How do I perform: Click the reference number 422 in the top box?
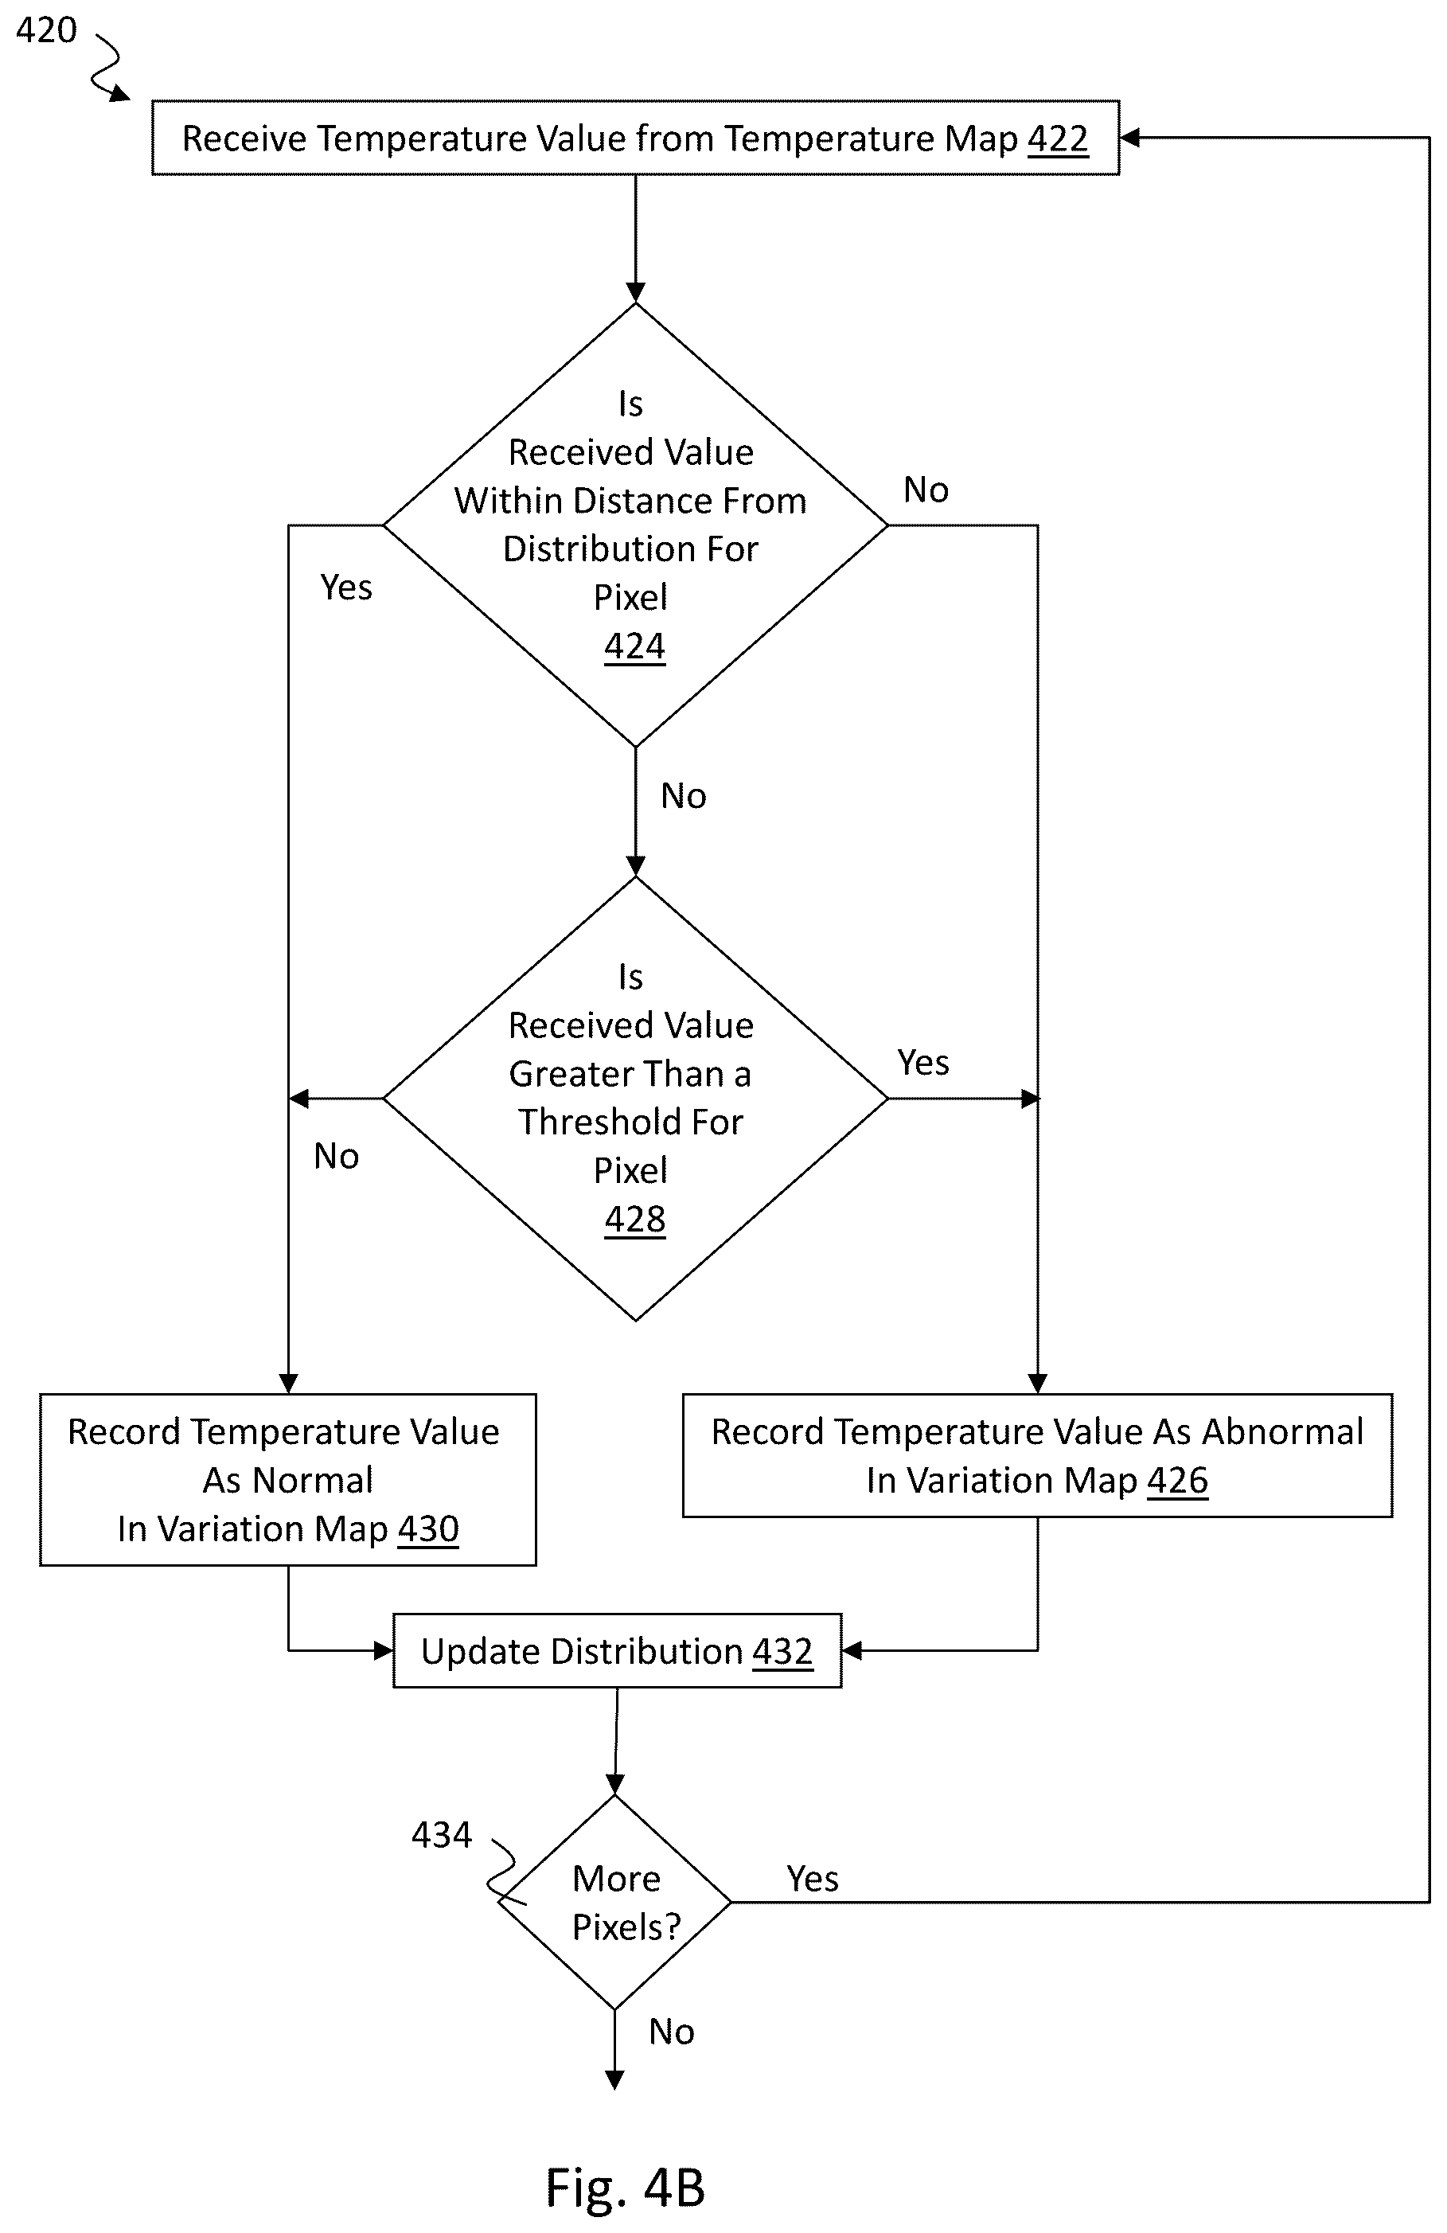tap(1058, 139)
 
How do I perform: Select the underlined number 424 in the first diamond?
tap(635, 646)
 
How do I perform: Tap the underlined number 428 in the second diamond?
tap(635, 1219)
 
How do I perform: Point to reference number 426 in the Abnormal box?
tap(1178, 1481)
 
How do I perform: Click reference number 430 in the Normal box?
tap(428, 1529)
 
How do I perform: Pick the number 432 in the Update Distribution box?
tap(782, 1651)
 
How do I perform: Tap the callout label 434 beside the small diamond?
tap(442, 1834)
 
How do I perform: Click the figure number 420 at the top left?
tap(46, 30)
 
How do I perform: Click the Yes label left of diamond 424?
tap(346, 588)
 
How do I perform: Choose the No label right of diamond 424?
tap(926, 490)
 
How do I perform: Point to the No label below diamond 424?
tap(683, 795)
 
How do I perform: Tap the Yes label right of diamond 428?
tap(922, 1062)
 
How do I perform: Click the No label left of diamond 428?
tap(336, 1156)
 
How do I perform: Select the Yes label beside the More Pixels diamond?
tap(812, 1879)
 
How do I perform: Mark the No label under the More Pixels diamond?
tap(672, 2032)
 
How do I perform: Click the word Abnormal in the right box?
tap(1282, 1431)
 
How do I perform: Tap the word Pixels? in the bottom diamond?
tap(626, 1927)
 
